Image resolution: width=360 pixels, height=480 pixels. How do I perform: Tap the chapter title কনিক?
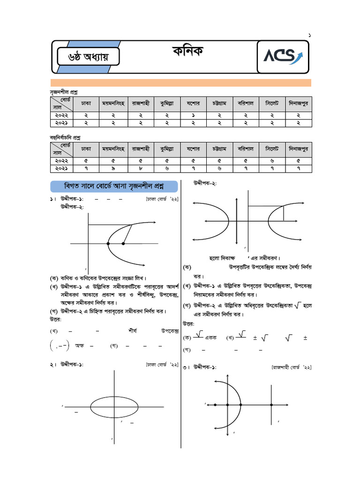pos(188,51)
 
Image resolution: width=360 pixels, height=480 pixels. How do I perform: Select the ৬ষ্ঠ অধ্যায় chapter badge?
pos(88,57)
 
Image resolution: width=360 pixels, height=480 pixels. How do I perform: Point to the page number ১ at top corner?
pos(309,36)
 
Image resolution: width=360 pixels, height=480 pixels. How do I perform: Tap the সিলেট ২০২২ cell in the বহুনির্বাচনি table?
pos(272,160)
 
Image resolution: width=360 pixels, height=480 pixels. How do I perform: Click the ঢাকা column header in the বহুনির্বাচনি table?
pos(86,149)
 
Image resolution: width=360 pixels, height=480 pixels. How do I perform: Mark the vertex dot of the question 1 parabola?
pos(108,244)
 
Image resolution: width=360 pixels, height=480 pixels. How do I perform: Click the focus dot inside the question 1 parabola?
pos(123,244)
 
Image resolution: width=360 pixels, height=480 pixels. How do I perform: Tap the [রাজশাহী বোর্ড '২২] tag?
pos(292,367)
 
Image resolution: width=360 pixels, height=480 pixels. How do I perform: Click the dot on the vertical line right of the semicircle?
pos(272,404)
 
